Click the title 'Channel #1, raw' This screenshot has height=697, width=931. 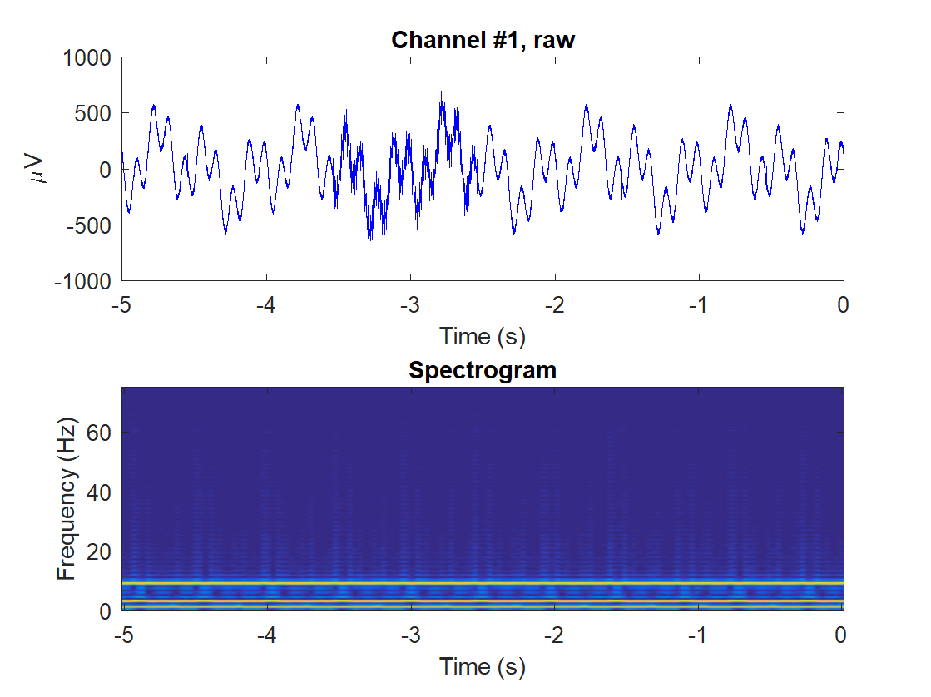pos(483,39)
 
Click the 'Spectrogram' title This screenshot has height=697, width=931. pos(483,370)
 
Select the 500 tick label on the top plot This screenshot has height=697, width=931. pos(94,113)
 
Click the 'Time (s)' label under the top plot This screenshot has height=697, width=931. pos(483,336)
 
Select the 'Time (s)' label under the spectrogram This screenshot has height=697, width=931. pos(483,666)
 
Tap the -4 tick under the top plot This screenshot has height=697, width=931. pos(266,304)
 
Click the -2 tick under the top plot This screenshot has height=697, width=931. pos(555,304)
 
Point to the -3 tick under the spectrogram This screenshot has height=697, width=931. pos(410,635)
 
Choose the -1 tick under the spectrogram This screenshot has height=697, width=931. pos(699,635)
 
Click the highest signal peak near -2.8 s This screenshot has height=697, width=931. pos(442,92)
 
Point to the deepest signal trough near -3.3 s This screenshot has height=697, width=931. pos(369,251)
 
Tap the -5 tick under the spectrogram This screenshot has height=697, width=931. pos(122,635)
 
